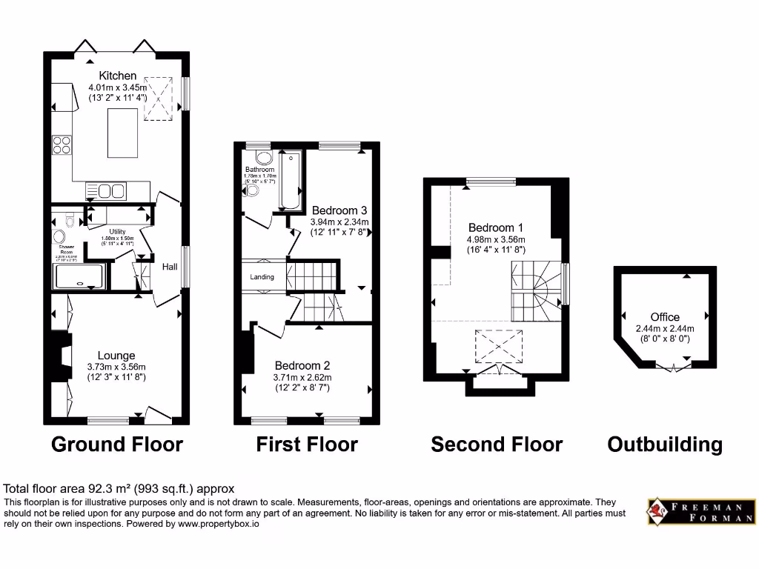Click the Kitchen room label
click(118, 76)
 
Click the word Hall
click(169, 266)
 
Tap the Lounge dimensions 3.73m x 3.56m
click(116, 367)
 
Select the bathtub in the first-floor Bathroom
click(290, 182)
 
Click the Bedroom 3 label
click(339, 210)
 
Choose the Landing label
click(262, 277)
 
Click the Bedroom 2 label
click(302, 365)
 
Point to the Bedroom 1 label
click(495, 227)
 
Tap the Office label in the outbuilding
click(665, 317)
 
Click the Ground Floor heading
click(116, 445)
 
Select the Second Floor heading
click(497, 445)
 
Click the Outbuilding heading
click(665, 445)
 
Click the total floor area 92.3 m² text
click(119, 488)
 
